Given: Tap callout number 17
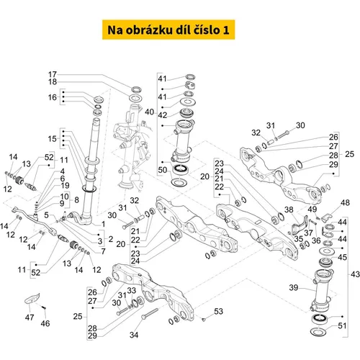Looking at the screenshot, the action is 53,74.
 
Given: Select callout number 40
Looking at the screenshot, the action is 149,112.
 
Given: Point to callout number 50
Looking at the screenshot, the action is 163,170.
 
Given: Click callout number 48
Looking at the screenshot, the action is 345,203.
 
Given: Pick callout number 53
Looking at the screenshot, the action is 218,311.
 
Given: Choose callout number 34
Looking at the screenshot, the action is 134,335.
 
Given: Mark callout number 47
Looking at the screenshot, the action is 30,318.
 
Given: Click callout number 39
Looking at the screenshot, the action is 294,287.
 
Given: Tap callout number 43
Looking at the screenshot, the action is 355,274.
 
